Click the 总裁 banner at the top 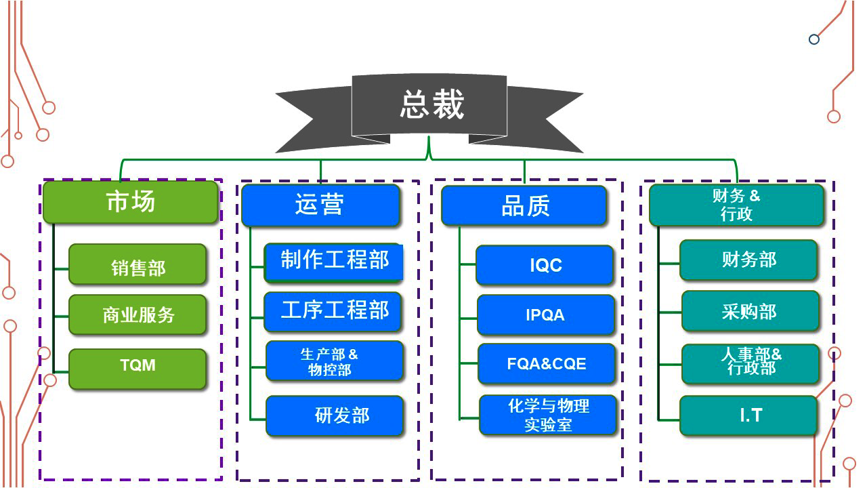point(429,106)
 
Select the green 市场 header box point(131,202)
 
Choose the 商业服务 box point(138,314)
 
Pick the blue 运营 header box point(320,205)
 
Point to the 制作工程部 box point(334,262)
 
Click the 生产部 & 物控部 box point(334,361)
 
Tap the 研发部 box point(335,415)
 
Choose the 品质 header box point(524,205)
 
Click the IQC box point(545,265)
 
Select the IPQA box point(546,314)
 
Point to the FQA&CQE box point(547,364)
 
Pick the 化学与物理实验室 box point(548,415)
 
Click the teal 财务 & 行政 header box point(736,205)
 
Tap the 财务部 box point(748,260)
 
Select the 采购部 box point(750,311)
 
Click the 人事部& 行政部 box point(750,363)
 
